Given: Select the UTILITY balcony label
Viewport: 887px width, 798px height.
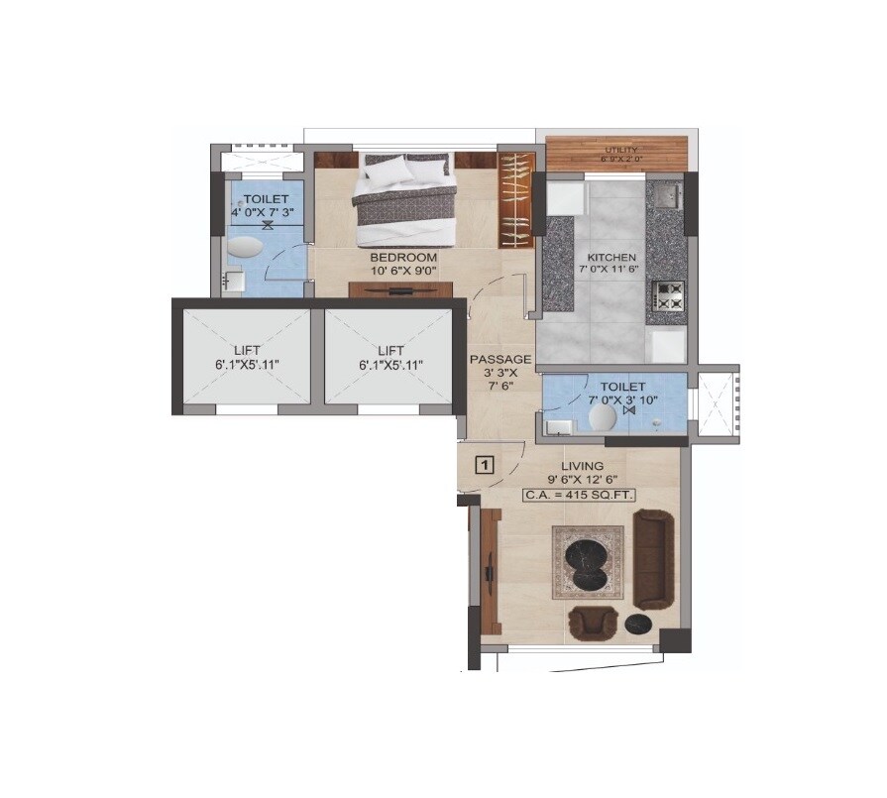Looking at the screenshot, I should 621,151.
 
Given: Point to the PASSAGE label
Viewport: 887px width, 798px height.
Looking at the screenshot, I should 500,359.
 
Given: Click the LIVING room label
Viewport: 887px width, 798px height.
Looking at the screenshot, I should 582,465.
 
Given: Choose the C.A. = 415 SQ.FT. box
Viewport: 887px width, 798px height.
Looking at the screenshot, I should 580,494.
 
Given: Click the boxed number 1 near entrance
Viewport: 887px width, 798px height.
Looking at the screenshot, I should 485,464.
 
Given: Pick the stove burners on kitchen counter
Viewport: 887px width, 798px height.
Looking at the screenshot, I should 668,294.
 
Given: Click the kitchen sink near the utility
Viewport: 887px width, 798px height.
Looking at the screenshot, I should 665,190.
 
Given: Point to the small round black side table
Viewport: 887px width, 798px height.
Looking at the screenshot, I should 637,624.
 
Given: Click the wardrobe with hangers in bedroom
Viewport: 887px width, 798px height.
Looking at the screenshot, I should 515,199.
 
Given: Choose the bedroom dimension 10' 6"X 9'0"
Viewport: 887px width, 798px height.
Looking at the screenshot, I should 403,270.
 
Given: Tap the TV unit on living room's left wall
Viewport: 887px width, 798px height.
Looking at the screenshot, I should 488,566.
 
